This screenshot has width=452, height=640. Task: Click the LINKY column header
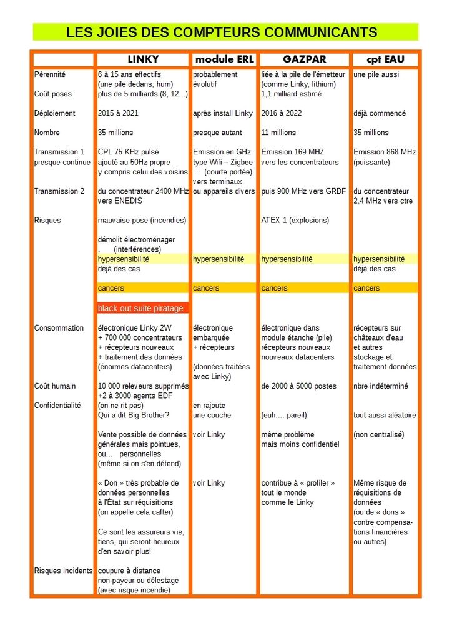pos(143,60)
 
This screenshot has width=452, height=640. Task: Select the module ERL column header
pos(224,60)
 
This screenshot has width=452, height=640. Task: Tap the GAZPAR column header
pos(304,60)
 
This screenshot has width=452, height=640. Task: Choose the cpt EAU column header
pos(385,60)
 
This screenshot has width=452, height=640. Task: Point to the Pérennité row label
pos(50,74)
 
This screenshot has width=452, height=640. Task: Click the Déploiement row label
pos(54,113)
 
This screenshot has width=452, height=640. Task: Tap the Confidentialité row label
pos(57,406)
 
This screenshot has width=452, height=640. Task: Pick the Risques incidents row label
pos(63,571)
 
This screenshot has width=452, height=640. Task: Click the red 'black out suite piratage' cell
pos(141,308)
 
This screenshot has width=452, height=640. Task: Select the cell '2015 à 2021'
pos(118,113)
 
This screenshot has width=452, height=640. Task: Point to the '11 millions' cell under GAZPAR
pos(281,132)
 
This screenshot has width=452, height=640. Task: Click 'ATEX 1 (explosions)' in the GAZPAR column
pos(295,220)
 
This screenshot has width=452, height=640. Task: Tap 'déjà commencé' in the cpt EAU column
pos(380,113)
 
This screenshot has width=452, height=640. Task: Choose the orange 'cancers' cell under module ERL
pos(206,288)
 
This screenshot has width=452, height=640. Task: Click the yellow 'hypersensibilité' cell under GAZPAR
pos(287,259)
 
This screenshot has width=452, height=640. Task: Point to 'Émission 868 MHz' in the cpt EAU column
pos(385,152)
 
